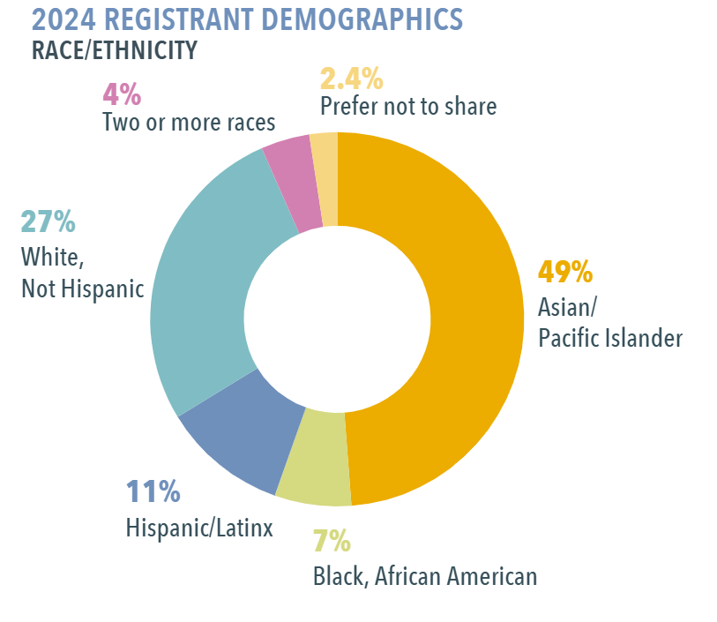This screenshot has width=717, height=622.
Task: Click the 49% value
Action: click(565, 272)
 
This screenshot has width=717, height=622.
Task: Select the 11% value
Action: click(153, 491)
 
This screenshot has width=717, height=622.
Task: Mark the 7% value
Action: click(332, 540)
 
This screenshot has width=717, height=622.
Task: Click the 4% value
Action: click(123, 92)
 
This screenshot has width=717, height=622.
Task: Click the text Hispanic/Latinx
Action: click(199, 528)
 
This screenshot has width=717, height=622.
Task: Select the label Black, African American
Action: click(425, 577)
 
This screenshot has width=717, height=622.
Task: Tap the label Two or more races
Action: click(189, 122)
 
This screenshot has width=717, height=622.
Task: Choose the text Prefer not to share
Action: click(408, 107)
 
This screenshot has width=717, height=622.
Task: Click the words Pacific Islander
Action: click(609, 337)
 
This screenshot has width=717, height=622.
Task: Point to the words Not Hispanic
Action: click(82, 289)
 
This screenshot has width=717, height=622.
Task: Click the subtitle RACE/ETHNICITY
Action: click(114, 49)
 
